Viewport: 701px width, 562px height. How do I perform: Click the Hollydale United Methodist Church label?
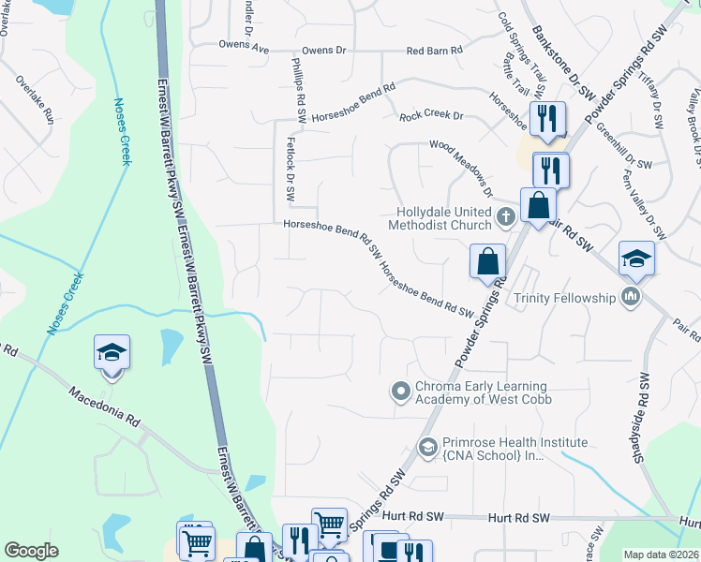pyautogui.click(x=444, y=218)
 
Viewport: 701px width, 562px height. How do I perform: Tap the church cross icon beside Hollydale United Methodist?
pyautogui.click(x=506, y=218)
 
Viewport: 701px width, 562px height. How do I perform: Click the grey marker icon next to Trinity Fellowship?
pyautogui.click(x=631, y=298)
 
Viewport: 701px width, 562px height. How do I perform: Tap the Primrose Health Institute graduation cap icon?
pyautogui.click(x=428, y=449)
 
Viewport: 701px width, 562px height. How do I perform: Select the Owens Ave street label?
pyautogui.click(x=244, y=45)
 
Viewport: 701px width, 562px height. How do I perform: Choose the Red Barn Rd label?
pyautogui.click(x=435, y=51)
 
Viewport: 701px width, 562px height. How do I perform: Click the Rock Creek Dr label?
pyautogui.click(x=432, y=116)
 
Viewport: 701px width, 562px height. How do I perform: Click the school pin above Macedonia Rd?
pyautogui.click(x=112, y=353)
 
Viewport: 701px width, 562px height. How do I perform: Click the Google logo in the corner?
pyautogui.click(x=32, y=551)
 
